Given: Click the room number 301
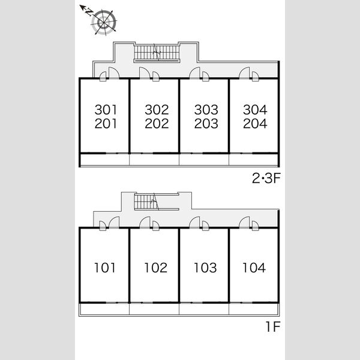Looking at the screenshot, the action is tap(106, 110).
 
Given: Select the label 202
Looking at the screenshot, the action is tap(157, 124).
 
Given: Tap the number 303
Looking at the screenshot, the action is tap(206, 110).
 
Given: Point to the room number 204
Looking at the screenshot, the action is tap(255, 124).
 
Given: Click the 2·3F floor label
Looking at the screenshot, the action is tap(266, 178).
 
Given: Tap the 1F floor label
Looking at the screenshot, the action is tap(273, 327).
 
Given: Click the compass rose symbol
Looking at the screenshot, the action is tap(104, 22).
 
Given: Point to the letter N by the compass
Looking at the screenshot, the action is tap(89, 13).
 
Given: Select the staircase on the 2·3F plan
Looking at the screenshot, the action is tap(157, 53).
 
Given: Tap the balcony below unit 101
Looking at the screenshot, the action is tap(104, 310).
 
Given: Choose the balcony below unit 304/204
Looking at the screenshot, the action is tap(254, 160).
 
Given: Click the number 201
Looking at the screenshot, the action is tap(106, 124).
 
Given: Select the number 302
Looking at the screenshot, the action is tap(157, 110).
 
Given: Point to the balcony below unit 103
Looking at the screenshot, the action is tap(204, 309).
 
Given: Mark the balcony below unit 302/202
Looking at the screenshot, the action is tap(154, 160).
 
